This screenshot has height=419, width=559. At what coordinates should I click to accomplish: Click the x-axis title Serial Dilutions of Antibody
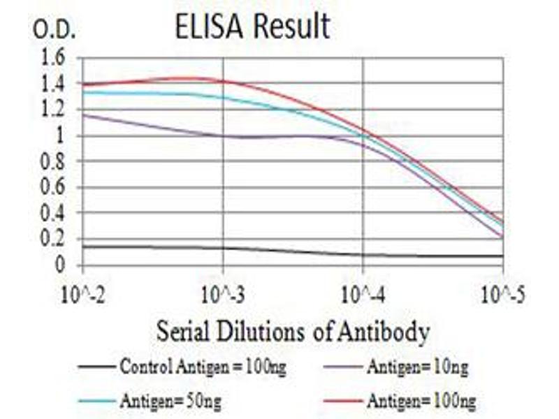293,331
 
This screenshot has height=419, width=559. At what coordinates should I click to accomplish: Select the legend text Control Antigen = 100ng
203,365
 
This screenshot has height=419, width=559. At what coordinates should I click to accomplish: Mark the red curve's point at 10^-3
223,82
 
